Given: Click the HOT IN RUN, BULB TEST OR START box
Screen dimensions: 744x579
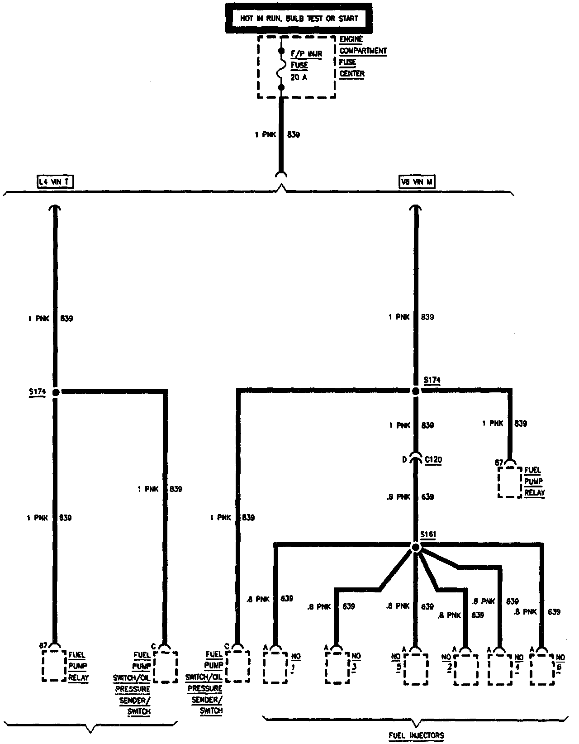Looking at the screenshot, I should tap(299, 18).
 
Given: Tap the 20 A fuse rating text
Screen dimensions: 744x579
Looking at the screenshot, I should tap(298, 77).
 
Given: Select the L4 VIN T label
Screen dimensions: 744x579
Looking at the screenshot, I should tap(55, 182).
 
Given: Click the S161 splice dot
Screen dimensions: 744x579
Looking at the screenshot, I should tap(416, 548).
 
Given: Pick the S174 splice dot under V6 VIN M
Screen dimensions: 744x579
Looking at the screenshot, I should tap(416, 391).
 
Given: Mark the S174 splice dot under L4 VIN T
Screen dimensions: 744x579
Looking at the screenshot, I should tap(56, 392).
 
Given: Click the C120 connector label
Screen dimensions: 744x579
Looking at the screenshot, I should tap(433, 460).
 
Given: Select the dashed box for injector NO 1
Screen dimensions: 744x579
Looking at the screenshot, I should tap(275, 667).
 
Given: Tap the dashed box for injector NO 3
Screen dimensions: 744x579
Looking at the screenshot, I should tap(337, 667).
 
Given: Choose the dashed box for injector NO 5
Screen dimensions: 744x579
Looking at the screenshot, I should tap(416, 668).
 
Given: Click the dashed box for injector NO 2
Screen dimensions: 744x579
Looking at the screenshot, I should tap(466, 669).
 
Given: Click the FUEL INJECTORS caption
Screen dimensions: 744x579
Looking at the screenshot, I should tap(416, 735).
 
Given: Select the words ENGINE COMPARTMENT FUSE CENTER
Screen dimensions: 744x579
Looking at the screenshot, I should tap(362, 57).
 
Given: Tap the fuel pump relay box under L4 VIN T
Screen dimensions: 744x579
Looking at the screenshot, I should tap(54, 666).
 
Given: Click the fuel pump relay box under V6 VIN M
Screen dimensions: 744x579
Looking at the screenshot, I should tap(510, 482).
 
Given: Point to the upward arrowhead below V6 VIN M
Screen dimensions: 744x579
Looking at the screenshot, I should tap(416, 208).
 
